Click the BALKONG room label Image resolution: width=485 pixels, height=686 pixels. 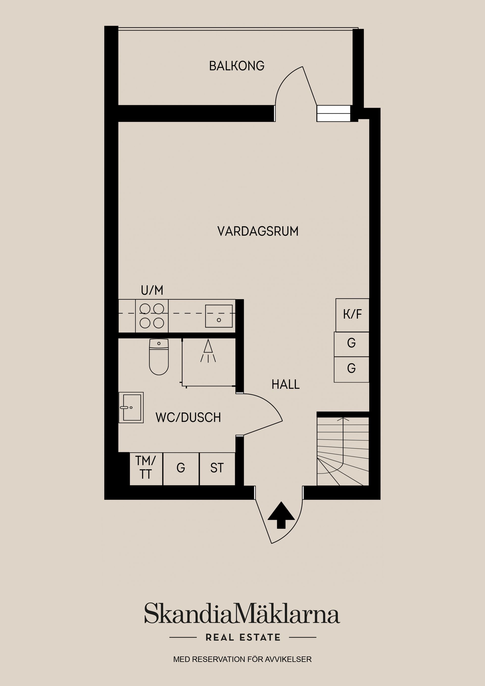pos(237,66)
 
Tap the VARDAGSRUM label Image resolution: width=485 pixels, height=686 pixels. pos(258,232)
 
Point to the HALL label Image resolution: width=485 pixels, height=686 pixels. pos(285,384)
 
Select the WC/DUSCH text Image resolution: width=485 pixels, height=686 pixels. pos(188,418)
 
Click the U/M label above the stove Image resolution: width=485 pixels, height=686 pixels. pos(152,290)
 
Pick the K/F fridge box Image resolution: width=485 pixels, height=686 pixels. pos(352,315)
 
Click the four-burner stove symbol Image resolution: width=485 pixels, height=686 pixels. pos(152,316)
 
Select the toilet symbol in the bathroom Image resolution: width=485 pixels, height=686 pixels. pos(159,357)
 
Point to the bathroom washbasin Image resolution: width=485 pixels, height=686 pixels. pos(131,408)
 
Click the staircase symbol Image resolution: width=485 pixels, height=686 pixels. pos(343,451)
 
